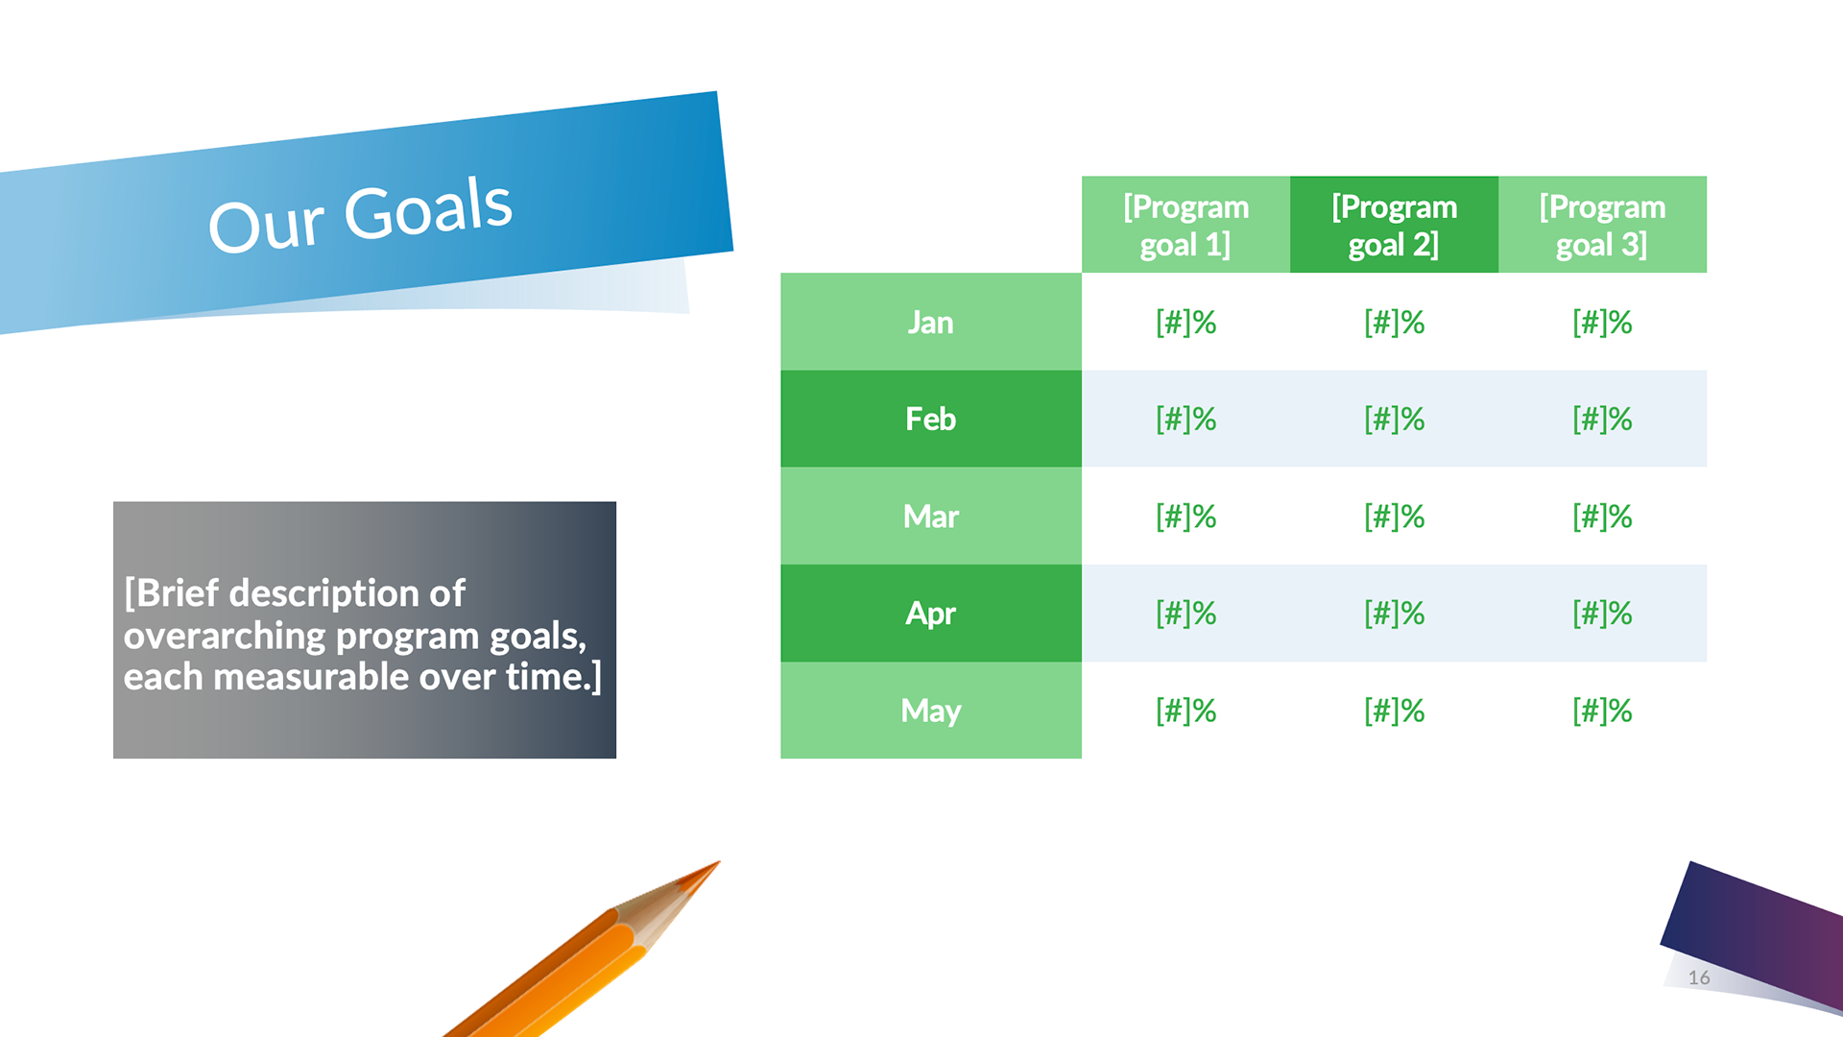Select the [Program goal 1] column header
1185,225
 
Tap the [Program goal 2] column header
1394,225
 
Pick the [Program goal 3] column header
1602,225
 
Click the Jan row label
931,322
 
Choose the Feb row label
931,419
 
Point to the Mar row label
931,517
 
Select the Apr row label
931,614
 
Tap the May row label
931,711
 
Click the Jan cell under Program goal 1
1185,322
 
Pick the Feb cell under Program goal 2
1394,419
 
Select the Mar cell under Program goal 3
1602,517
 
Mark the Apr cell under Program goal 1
1185,614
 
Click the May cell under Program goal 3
1602,711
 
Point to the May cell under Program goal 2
1394,711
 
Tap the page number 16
1699,977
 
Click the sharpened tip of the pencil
717,862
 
